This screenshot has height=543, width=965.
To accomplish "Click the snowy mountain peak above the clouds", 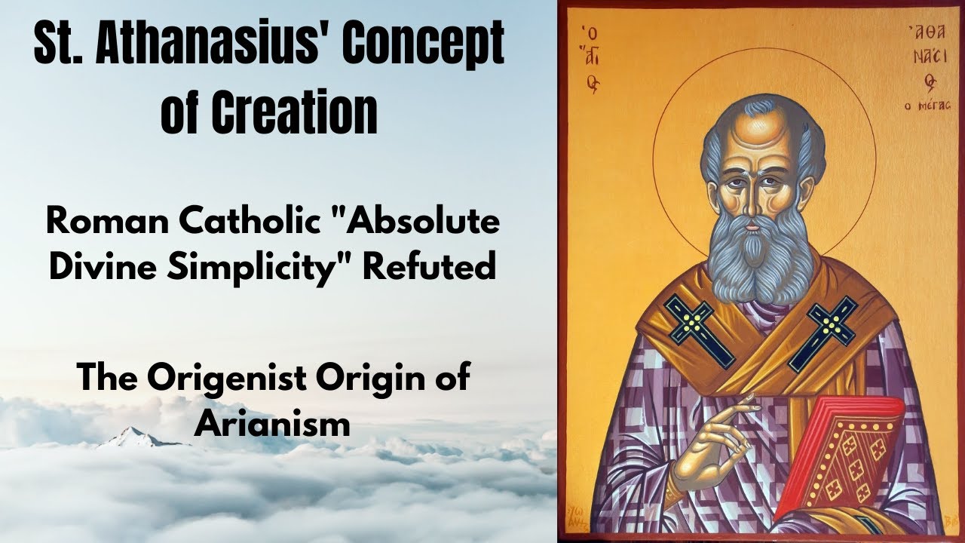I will [x=133, y=435].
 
